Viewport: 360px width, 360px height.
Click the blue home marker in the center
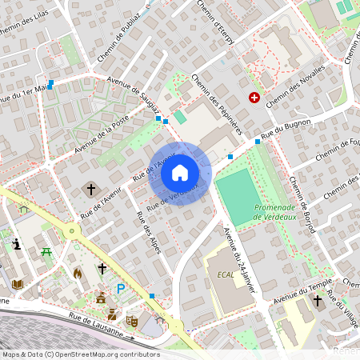[180, 173]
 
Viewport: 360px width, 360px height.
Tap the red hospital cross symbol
[254, 98]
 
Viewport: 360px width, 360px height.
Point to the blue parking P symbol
[121, 289]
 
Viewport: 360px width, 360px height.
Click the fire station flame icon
[78, 273]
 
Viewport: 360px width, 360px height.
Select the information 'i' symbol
[17, 244]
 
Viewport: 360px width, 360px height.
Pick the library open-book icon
[18, 283]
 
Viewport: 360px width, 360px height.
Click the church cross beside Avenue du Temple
[318, 300]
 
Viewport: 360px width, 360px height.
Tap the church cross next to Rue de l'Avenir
[90, 190]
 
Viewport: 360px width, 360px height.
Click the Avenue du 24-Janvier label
[239, 260]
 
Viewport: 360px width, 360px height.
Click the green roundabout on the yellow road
[74, 232]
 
